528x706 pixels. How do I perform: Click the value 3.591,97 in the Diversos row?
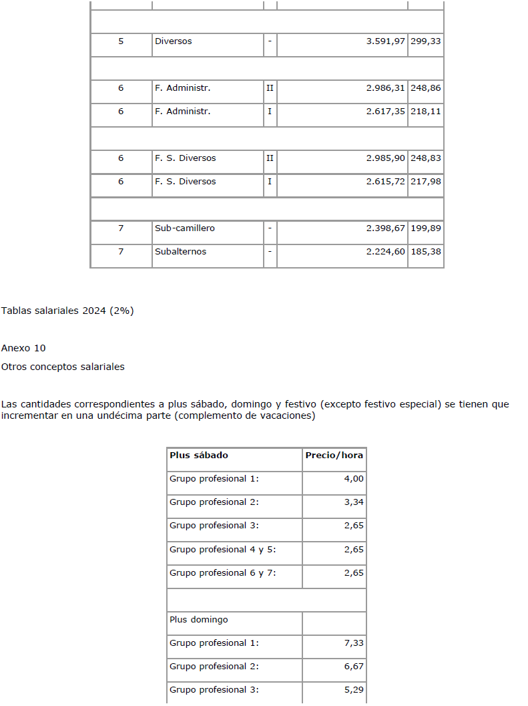385,41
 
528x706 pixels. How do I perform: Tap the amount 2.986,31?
385,88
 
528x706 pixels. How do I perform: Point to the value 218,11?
426,112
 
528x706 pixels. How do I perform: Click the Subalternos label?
180,252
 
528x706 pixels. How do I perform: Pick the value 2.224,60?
385,252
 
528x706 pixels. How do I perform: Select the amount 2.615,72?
385,182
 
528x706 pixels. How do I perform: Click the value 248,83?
426,158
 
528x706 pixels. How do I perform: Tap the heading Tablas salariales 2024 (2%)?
67,311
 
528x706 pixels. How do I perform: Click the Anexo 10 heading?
23,348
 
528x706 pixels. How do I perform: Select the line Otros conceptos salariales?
63,367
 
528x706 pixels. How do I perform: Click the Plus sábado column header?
199,456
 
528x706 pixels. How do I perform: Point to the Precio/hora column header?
334,456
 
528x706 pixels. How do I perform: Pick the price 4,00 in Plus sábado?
354,479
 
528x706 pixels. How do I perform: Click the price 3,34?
354,502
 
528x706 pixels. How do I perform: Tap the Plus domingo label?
199,620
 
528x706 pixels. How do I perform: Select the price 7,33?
354,643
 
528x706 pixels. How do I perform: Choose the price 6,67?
354,667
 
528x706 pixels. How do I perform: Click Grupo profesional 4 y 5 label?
223,550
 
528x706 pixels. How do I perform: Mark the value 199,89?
426,228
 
